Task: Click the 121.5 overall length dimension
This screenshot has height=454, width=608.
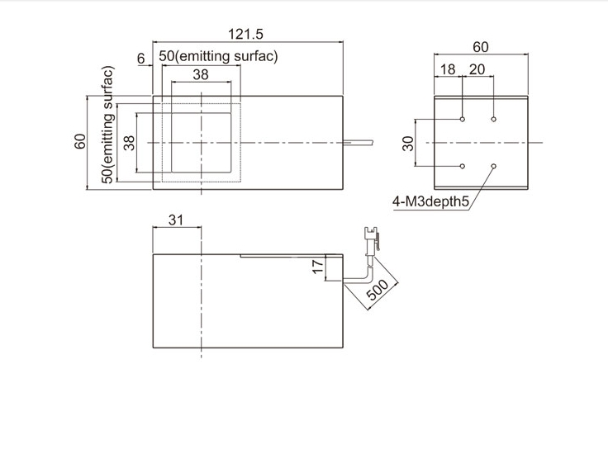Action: [x=245, y=34]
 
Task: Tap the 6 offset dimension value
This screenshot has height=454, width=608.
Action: [x=140, y=59]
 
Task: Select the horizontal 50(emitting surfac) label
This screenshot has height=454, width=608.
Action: [x=218, y=56]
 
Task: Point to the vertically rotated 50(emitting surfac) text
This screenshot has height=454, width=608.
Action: [x=107, y=125]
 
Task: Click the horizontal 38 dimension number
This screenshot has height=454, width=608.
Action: [x=201, y=74]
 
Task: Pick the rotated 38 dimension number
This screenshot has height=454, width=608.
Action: [x=130, y=143]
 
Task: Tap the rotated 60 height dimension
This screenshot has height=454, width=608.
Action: [x=80, y=141]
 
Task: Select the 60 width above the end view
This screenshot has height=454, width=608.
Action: [x=481, y=47]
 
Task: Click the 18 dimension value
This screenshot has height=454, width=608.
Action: [x=448, y=69]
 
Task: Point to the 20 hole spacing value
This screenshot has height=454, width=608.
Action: [x=477, y=69]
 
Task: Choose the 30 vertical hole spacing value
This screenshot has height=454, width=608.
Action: [x=408, y=144]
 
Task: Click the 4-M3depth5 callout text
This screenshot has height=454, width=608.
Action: [x=430, y=201]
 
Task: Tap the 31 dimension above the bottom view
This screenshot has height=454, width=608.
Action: [x=176, y=220]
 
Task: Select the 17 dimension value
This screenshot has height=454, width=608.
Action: [x=317, y=267]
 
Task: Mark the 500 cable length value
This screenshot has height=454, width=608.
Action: [x=378, y=290]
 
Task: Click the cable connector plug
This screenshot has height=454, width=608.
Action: [x=371, y=241]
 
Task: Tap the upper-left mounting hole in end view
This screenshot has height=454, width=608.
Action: [x=463, y=119]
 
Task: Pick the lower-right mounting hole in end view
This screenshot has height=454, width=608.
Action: [x=494, y=166]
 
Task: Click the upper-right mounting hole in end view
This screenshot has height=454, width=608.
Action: [x=494, y=119]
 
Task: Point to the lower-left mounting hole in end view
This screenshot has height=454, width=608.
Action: [x=463, y=166]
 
